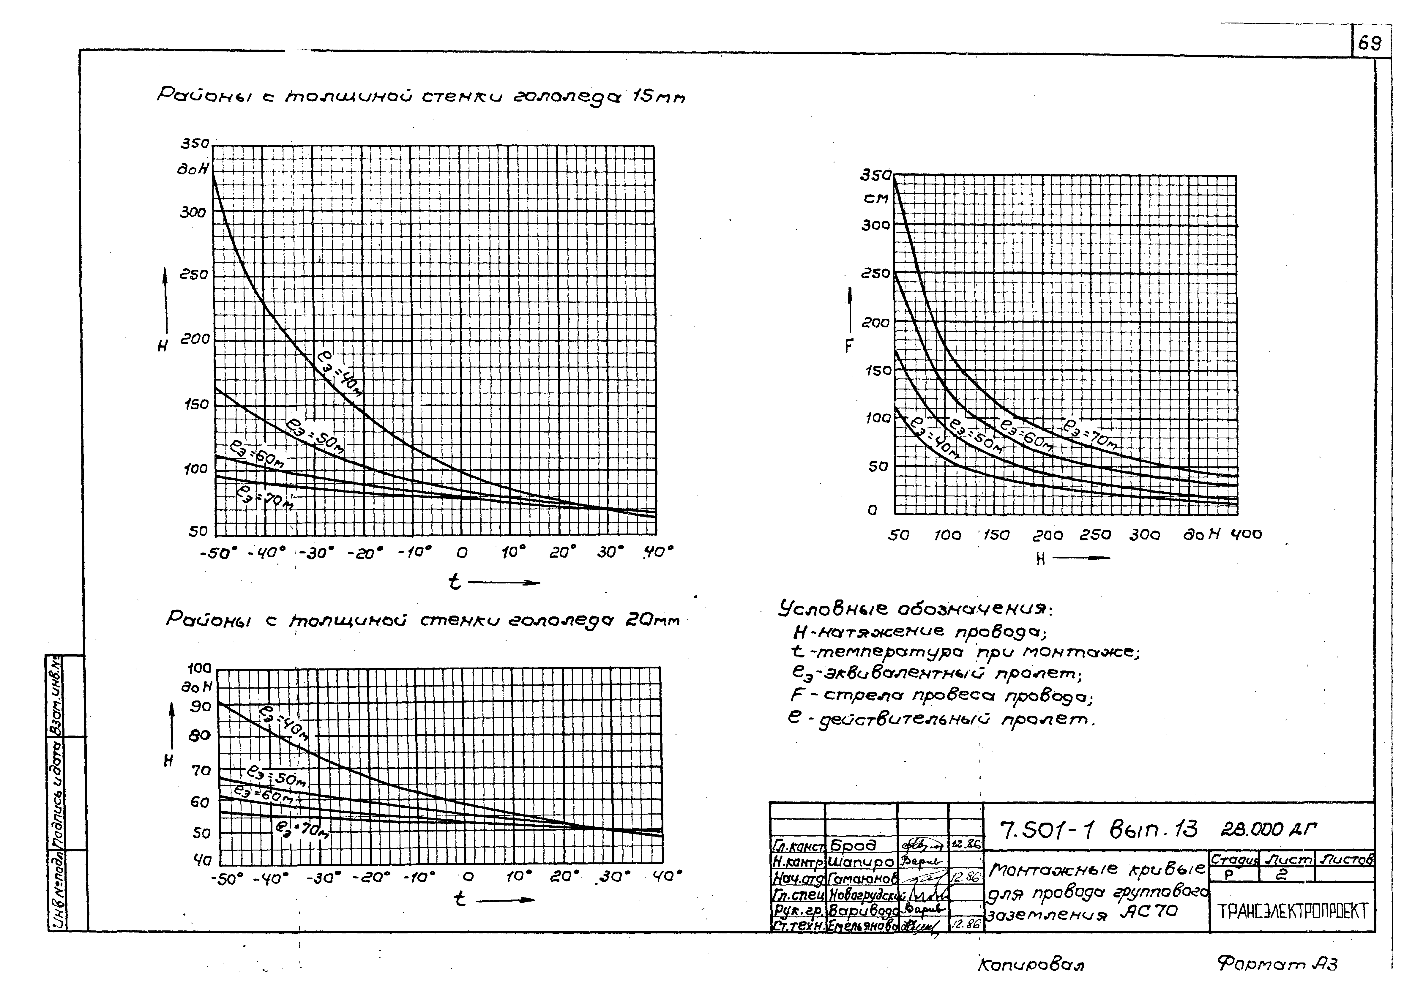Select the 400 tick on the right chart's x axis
[x=1246, y=534]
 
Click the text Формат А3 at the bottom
[x=1277, y=964]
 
